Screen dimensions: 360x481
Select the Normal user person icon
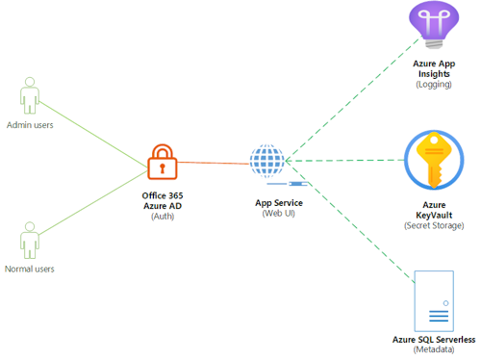(31, 242)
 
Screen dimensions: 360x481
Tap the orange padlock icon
(162, 163)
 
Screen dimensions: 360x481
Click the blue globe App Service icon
(266, 161)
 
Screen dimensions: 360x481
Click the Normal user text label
(31, 269)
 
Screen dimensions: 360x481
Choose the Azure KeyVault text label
(434, 218)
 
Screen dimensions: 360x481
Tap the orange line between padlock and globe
(214, 163)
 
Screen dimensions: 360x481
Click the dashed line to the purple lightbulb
(346, 106)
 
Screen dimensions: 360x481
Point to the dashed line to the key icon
(346, 161)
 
